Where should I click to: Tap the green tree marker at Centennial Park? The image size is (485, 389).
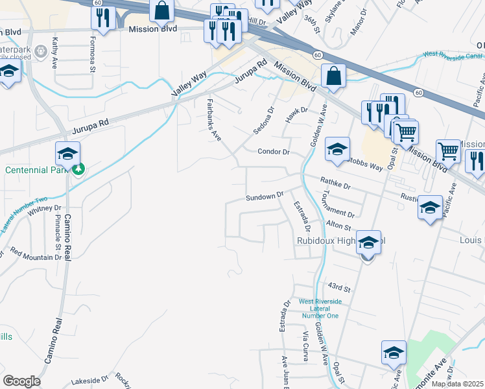78,170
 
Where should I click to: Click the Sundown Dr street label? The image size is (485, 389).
265,195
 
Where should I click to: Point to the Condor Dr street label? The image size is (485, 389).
272,152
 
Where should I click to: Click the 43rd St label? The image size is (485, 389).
338,287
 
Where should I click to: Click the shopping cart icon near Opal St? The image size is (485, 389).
406,133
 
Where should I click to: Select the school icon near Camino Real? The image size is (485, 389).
67,153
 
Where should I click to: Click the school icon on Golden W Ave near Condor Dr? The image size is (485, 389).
337,149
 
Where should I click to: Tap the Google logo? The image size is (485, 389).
21,381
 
